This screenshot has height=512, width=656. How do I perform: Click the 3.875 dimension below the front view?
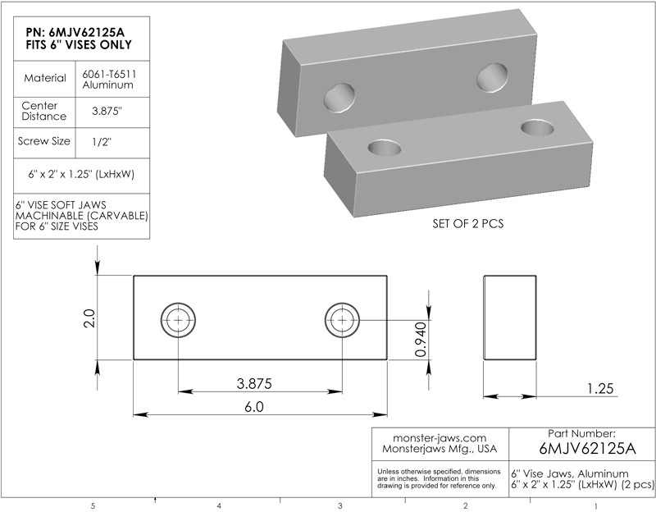click(x=254, y=383)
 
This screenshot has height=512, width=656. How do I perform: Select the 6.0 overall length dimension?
click(x=254, y=407)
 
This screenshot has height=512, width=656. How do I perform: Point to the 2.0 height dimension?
click(x=89, y=318)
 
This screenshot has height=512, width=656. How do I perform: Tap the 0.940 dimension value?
click(x=421, y=339)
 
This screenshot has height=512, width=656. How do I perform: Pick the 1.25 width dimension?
click(x=600, y=388)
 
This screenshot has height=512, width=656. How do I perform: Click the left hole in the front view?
click(x=178, y=320)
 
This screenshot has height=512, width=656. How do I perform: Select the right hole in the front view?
click(x=342, y=320)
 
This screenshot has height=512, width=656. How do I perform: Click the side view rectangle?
click(x=510, y=318)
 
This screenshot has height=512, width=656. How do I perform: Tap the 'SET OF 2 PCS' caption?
click(x=468, y=224)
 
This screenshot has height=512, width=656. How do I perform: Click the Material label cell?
click(x=45, y=78)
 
